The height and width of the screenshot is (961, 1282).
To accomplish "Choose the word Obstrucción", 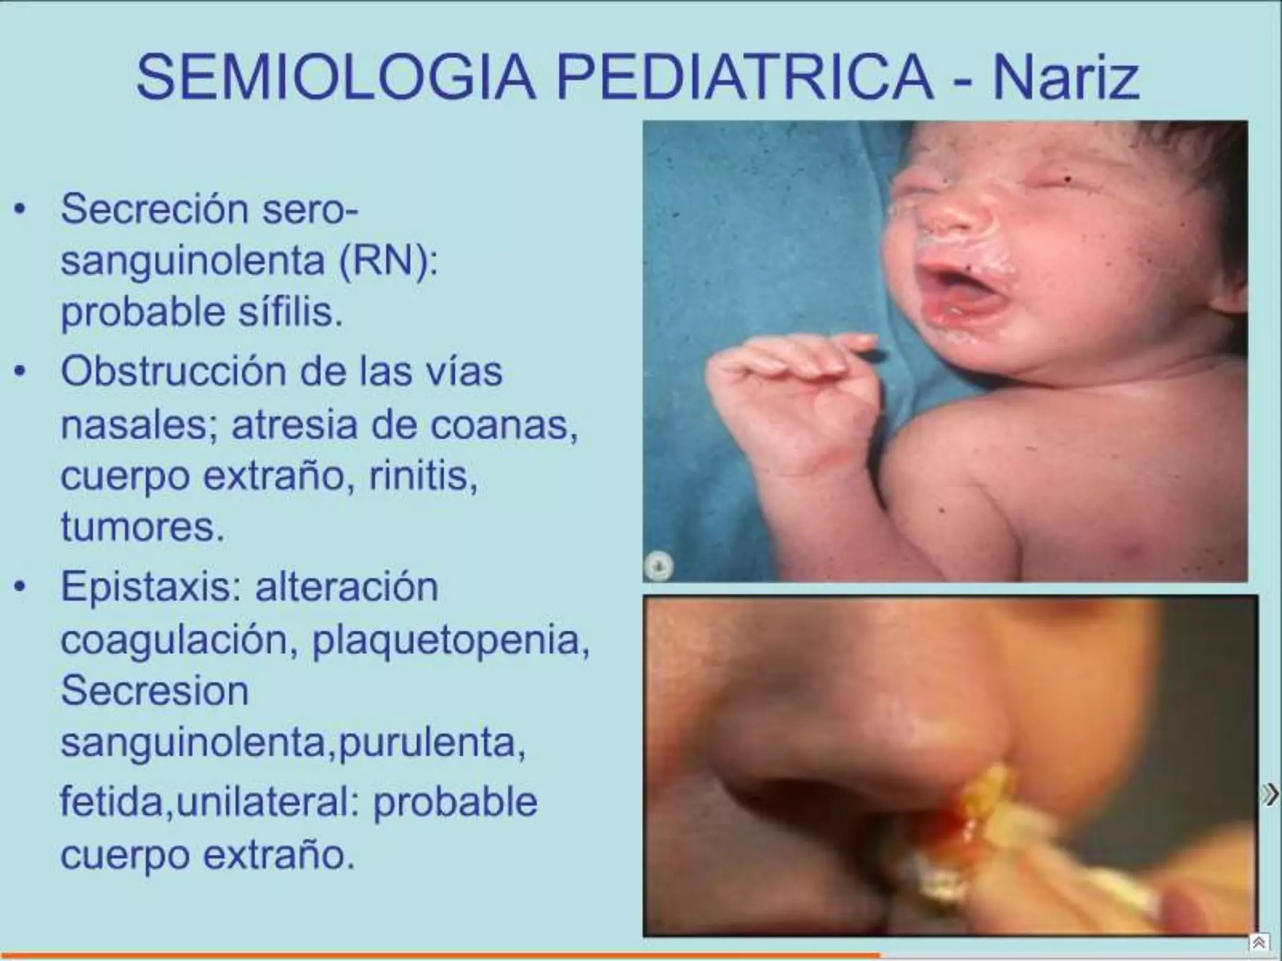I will click(x=173, y=372).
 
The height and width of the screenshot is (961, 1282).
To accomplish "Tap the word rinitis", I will click(x=423, y=476).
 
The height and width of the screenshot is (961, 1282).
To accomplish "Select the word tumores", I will click(x=142, y=527).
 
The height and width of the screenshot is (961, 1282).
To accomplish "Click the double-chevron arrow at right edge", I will click(x=1270, y=795).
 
